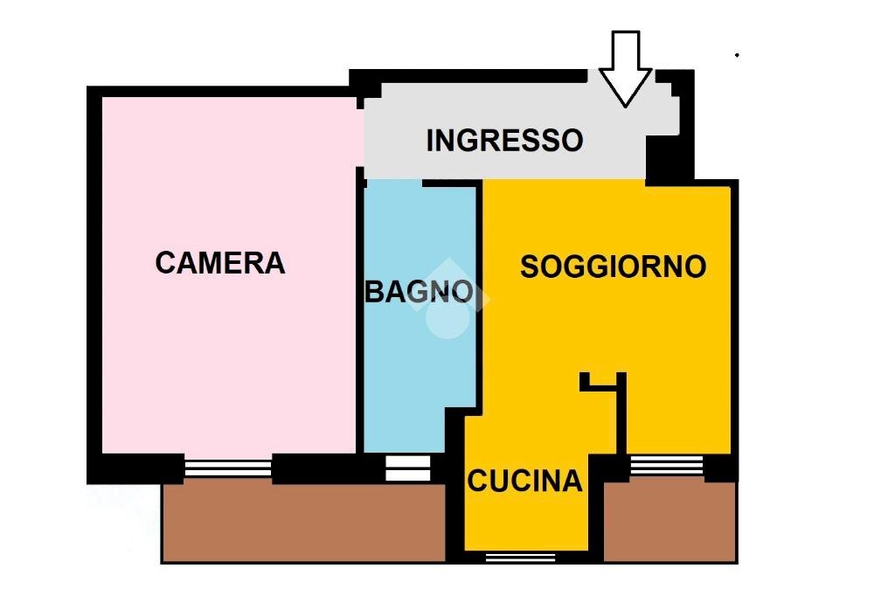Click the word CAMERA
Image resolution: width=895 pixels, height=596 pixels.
point(220,262)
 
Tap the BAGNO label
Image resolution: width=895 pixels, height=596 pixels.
point(419,291)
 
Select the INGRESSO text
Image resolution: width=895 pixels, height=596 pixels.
point(504,140)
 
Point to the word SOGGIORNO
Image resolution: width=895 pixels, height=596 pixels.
point(613,266)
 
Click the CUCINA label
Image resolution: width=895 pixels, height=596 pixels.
point(524,481)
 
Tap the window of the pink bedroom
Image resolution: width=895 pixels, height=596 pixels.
point(227,468)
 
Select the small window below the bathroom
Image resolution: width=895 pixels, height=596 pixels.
point(408,468)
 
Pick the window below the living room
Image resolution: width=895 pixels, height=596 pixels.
point(666,466)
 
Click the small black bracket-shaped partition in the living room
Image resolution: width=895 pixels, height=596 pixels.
point(604,381)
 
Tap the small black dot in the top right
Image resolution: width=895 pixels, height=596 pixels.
point(737,55)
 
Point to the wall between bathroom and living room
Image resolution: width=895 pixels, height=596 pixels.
point(479,297)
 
